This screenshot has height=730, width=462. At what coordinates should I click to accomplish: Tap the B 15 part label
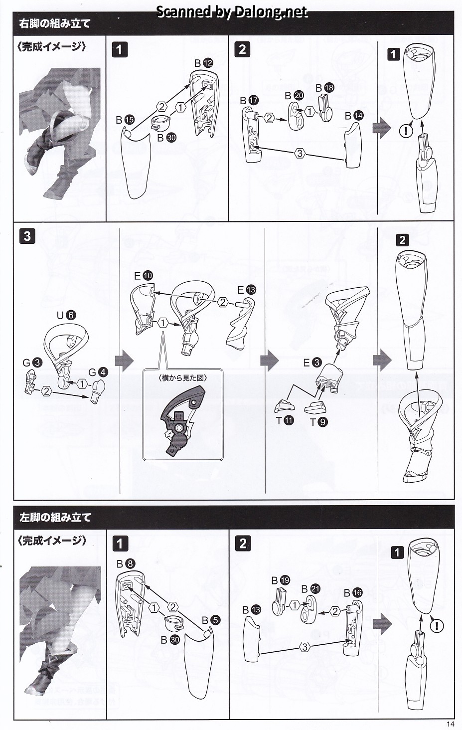pos(125,120)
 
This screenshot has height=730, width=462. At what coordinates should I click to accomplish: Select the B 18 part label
pos(325,88)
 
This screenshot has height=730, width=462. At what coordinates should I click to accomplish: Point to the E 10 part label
pos(144,276)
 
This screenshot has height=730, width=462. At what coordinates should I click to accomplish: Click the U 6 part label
pos(66,315)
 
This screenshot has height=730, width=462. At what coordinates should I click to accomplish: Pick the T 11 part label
pos(285,421)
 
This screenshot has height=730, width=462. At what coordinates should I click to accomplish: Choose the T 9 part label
pos(318,422)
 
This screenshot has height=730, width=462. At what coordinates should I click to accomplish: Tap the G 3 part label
pos(32,363)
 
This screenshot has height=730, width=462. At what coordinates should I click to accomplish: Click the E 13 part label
pos(247,290)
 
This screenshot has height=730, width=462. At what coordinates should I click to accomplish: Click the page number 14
pos(451,724)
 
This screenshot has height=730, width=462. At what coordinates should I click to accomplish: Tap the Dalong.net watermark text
pos(232,12)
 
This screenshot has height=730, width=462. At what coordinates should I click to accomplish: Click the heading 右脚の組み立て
pos(55,24)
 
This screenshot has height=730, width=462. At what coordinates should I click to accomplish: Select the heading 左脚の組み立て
pos(55,517)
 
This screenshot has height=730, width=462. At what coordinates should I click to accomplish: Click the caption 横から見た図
pos(183,378)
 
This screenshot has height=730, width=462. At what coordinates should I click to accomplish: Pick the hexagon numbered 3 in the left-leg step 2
pos(305,647)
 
